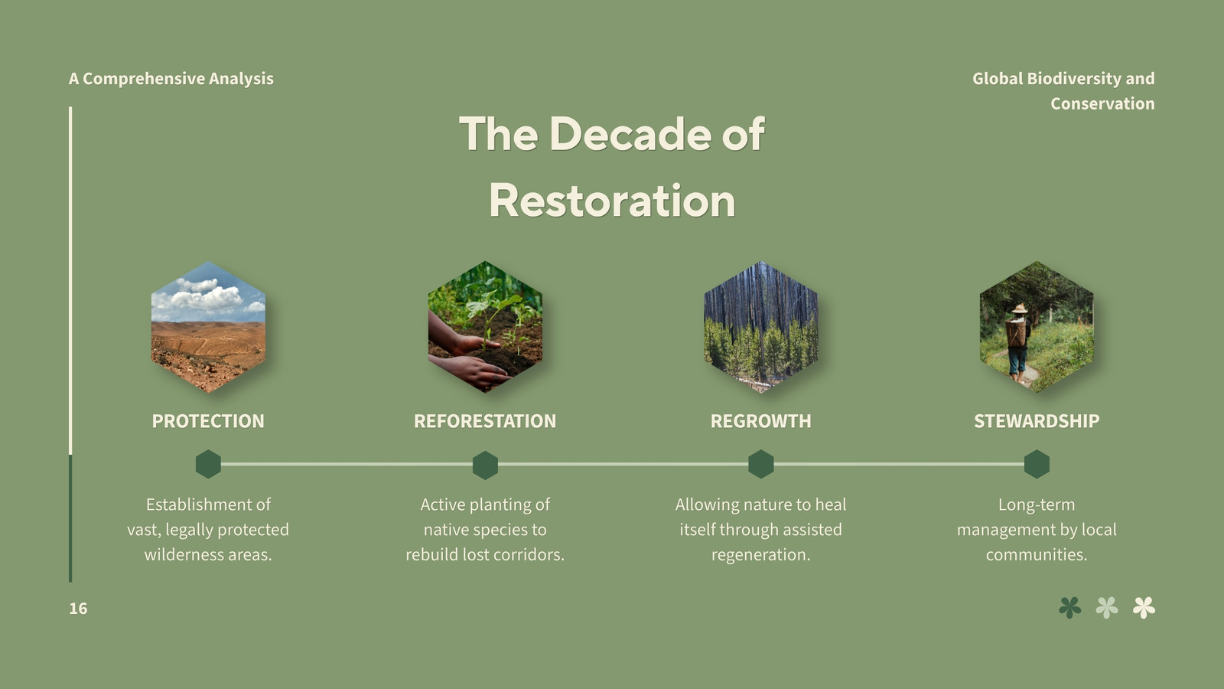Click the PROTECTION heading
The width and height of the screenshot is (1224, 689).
tap(208, 421)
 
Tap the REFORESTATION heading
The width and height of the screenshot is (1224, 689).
tap(485, 421)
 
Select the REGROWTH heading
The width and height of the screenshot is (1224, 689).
tap(760, 421)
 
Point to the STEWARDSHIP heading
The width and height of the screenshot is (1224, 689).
tap(1037, 421)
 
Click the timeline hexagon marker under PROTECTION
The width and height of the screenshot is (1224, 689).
tap(208, 464)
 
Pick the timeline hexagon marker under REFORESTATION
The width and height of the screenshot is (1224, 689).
tap(485, 465)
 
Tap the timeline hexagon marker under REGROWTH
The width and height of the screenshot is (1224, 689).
tap(760, 464)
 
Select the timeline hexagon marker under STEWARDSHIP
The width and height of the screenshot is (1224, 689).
tap(1037, 464)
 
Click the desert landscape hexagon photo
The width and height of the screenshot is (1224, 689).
tap(208, 327)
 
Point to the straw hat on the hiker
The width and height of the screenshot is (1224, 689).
tap(1020, 309)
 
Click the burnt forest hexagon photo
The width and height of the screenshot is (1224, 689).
tap(760, 327)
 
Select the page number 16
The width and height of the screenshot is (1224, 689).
tap(78, 609)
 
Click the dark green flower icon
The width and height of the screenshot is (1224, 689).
tap(1070, 608)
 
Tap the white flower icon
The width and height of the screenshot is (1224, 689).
tap(1144, 608)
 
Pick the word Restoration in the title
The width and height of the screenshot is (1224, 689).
tap(612, 201)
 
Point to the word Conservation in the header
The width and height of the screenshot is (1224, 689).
tap(1102, 103)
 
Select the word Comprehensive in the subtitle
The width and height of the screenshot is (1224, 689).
tap(144, 79)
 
